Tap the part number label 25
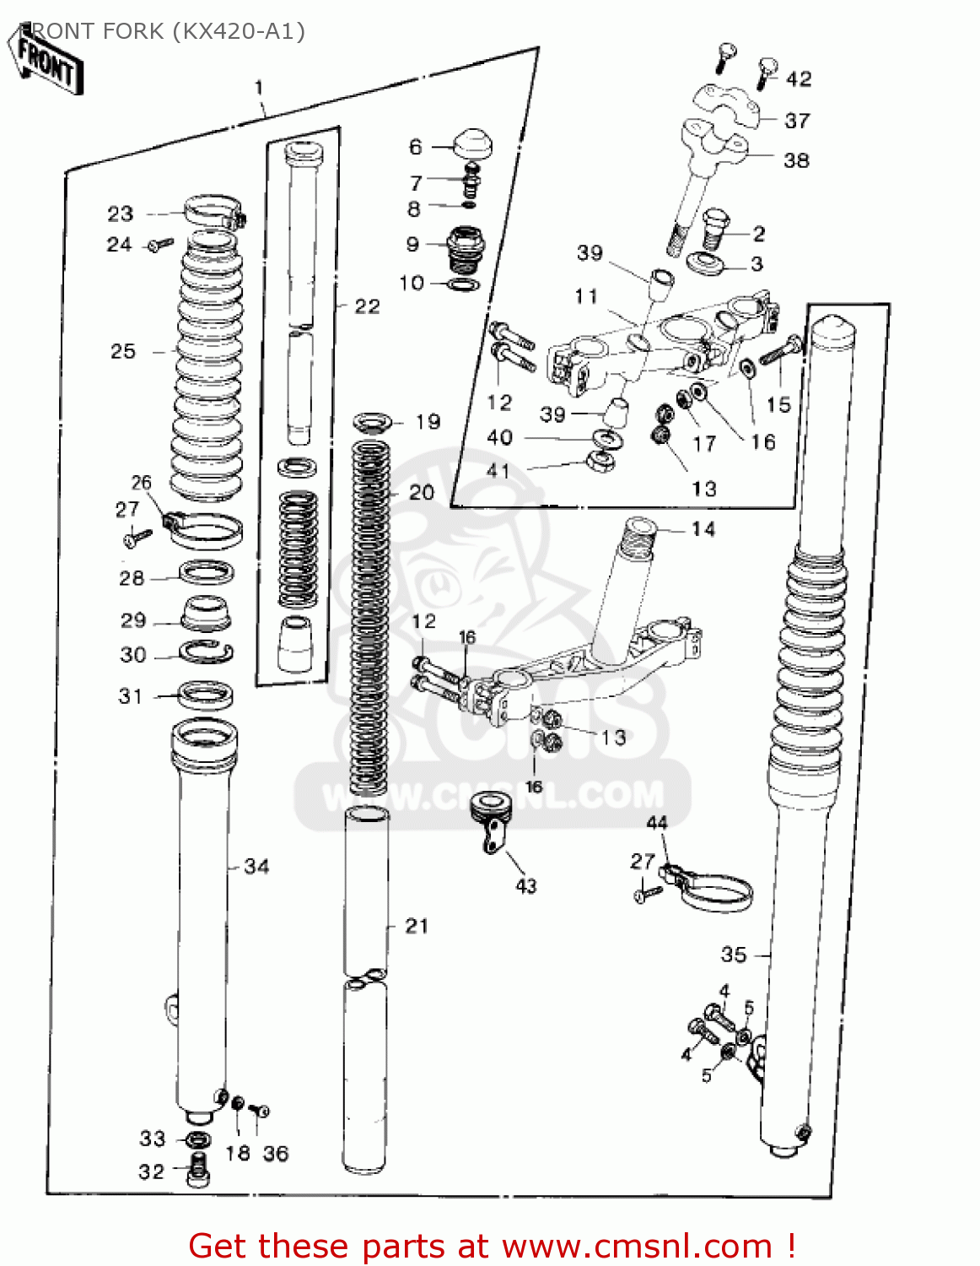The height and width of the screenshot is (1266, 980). click(x=123, y=351)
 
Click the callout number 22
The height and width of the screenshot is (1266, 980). click(x=367, y=306)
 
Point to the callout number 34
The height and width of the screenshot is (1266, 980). click(x=256, y=866)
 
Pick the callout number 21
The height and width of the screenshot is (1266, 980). click(x=417, y=926)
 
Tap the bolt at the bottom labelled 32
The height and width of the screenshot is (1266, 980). click(x=198, y=1171)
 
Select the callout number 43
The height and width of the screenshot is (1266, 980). click(x=526, y=885)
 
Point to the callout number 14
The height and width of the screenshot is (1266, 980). click(x=703, y=529)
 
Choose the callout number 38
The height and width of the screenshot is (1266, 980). click(x=796, y=160)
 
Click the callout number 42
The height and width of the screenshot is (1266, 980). click(x=799, y=79)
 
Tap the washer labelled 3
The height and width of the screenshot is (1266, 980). click(x=705, y=263)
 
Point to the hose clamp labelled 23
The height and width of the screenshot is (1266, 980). click(x=213, y=211)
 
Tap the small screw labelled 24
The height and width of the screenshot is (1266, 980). click(x=159, y=245)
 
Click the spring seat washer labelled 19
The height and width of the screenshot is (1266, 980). click(x=372, y=421)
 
